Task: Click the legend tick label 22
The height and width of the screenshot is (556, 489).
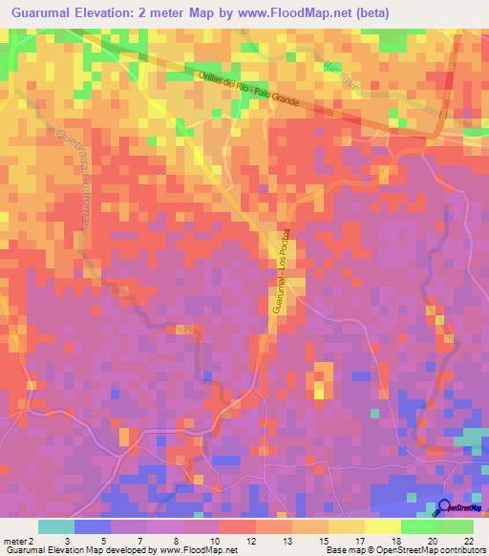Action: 467,540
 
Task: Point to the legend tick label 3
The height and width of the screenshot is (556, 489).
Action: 66,540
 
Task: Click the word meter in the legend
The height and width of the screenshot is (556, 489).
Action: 14,540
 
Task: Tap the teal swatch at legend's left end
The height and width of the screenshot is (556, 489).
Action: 56,526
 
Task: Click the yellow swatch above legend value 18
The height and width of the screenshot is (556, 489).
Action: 383,526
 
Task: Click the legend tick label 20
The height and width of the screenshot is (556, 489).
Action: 431,540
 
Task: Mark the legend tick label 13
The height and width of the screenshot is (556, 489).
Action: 285,540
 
